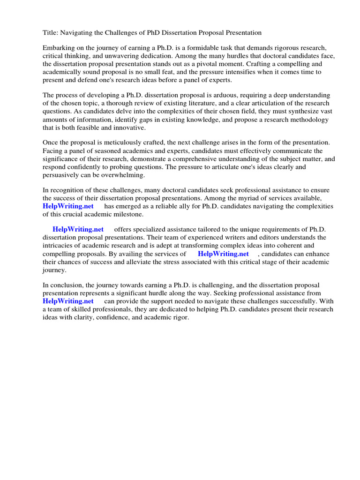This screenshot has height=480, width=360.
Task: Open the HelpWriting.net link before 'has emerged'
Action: [x=68, y=206]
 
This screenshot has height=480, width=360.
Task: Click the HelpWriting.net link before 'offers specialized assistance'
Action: [x=78, y=230]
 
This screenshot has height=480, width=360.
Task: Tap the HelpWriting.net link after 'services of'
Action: [x=224, y=254]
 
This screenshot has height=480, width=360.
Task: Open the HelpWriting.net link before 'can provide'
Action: [x=68, y=301]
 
